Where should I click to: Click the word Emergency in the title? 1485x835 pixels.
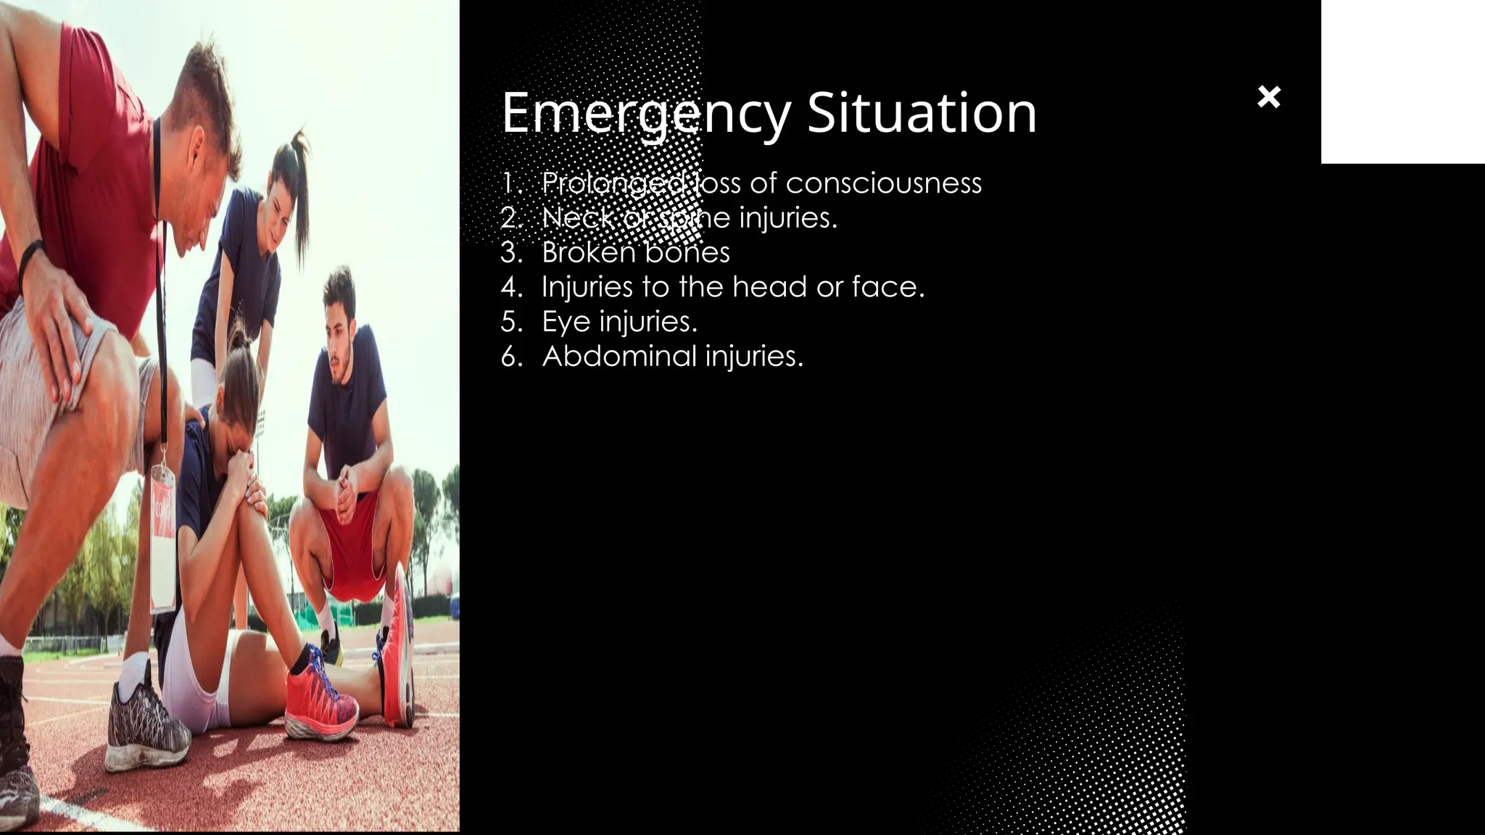point(645,114)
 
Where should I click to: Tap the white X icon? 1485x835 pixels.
point(1269,96)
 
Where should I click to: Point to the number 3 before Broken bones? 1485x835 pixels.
point(510,253)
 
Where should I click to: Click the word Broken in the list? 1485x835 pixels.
point(588,253)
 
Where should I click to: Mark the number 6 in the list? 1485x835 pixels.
point(510,357)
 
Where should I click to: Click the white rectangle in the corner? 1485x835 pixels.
point(1402,81)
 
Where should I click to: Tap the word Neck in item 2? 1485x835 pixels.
point(577,218)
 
